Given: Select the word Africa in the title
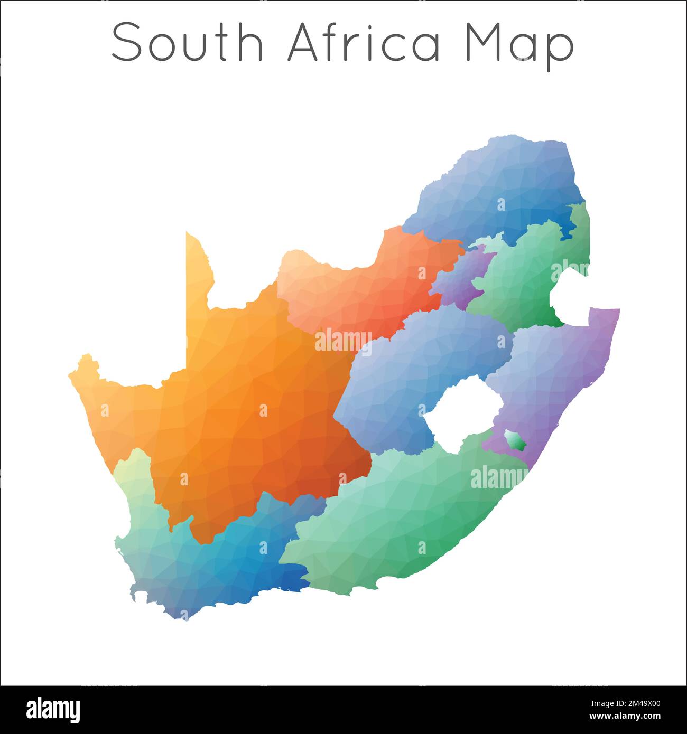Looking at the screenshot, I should [364, 42].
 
